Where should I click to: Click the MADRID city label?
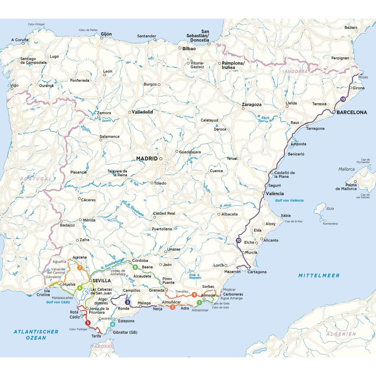(147, 159)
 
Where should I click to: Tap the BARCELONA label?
(351, 112)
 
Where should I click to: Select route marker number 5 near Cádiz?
(87, 323)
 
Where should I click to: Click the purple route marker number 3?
(127, 302)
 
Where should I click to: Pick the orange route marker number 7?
(80, 267)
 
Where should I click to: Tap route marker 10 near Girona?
(343, 99)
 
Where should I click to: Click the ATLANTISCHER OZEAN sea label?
(36, 335)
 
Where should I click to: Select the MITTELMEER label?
(319, 275)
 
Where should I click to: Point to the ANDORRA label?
(296, 72)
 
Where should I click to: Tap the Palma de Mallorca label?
(346, 187)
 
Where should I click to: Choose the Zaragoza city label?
(252, 104)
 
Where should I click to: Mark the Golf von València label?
(289, 200)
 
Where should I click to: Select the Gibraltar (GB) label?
(125, 332)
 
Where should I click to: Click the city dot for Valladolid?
(129, 112)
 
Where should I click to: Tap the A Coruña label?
(20, 40)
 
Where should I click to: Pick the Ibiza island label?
(330, 209)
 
